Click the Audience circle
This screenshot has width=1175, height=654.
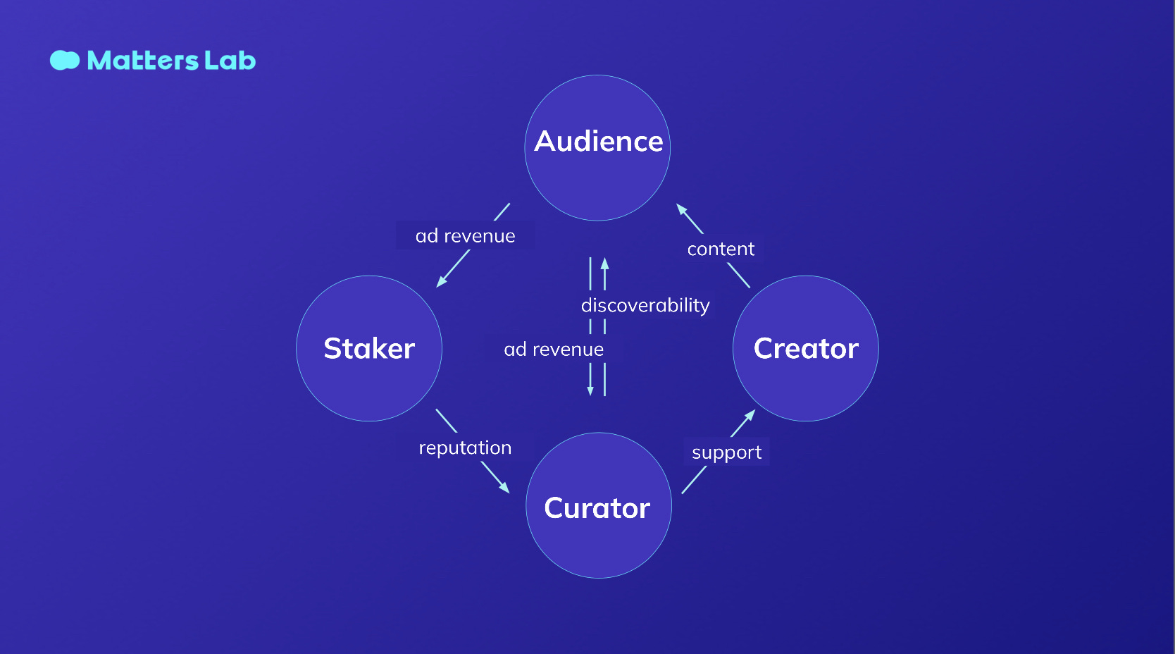[597, 148]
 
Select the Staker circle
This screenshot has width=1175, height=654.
[369, 348]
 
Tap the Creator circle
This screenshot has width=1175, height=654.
[806, 348]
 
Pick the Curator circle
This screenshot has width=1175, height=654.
[598, 505]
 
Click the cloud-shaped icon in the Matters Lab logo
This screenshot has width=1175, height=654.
[65, 61]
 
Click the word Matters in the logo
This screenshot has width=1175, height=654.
[142, 61]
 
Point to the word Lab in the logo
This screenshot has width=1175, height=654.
[230, 61]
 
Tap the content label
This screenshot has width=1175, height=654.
[721, 249]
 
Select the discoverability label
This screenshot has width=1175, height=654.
[645, 305]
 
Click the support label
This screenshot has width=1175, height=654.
[726, 452]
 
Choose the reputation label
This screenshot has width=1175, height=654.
[465, 448]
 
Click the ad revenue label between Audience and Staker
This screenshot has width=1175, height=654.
[465, 235]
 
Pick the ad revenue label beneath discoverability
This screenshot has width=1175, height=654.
[554, 349]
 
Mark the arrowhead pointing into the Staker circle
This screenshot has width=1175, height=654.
[441, 282]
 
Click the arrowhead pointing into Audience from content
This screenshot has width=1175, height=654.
[680, 209]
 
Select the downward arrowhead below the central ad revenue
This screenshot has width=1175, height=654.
[590, 390]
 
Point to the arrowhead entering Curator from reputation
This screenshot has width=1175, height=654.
[504, 488]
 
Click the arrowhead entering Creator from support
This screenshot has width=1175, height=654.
[751, 414]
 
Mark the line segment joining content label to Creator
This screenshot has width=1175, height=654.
[738, 275]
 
